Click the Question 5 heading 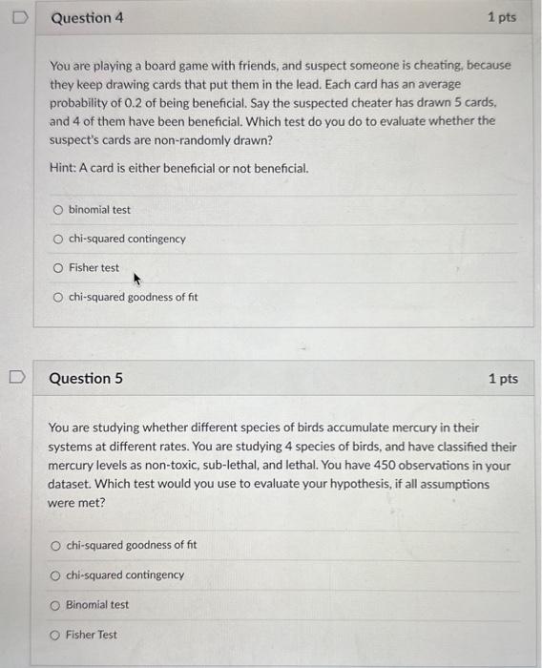(86, 379)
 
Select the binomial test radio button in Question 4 (58, 210)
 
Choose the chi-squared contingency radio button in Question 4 (58, 239)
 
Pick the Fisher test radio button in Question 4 (58, 268)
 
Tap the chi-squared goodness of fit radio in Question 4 (58, 298)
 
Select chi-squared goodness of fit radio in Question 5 (56, 546)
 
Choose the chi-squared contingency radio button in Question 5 (56, 575)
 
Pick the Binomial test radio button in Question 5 (56, 605)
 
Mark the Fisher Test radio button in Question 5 (56, 635)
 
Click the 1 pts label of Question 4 (501, 18)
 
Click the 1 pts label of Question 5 (503, 379)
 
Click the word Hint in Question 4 (61, 168)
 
